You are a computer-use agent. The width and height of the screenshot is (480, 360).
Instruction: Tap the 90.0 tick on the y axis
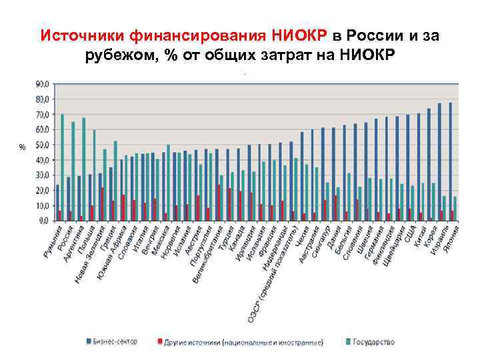(41, 84)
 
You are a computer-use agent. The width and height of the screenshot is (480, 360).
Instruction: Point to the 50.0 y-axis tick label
(41, 145)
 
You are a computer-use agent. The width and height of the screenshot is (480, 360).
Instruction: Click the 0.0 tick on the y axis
(43, 221)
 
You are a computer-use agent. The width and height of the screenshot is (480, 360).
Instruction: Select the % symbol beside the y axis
(22, 147)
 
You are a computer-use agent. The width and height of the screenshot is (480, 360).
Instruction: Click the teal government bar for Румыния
(62, 167)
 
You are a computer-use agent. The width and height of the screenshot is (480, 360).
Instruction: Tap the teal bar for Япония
(455, 208)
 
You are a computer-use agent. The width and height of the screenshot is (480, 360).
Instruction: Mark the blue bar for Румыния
(57, 202)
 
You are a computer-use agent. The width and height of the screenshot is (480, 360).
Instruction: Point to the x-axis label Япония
(451, 237)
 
